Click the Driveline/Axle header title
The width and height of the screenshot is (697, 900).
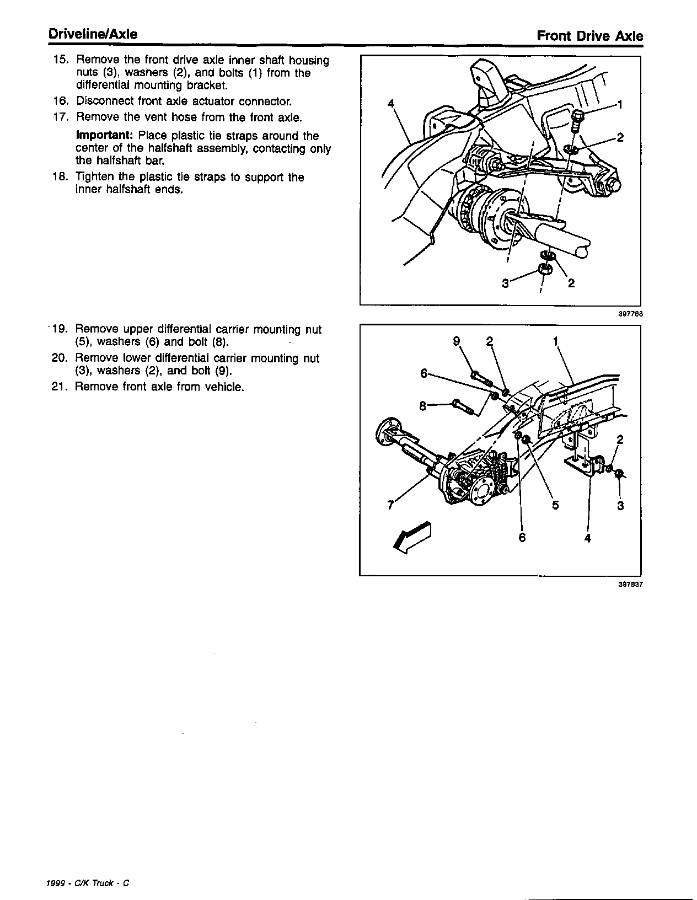click(93, 34)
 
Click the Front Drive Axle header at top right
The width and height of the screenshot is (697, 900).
click(589, 36)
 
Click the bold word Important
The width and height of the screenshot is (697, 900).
click(105, 136)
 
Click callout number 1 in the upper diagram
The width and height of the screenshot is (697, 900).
click(620, 105)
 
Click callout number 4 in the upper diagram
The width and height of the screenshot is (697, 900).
click(391, 103)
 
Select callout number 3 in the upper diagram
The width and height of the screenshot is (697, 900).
click(506, 283)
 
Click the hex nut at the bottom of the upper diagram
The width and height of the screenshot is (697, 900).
click(545, 270)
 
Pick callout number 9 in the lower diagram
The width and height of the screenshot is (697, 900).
click(456, 341)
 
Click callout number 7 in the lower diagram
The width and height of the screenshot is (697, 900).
click(390, 505)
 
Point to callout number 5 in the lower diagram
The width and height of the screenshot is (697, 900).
click(555, 505)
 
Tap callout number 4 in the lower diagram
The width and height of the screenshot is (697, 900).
click(587, 538)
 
